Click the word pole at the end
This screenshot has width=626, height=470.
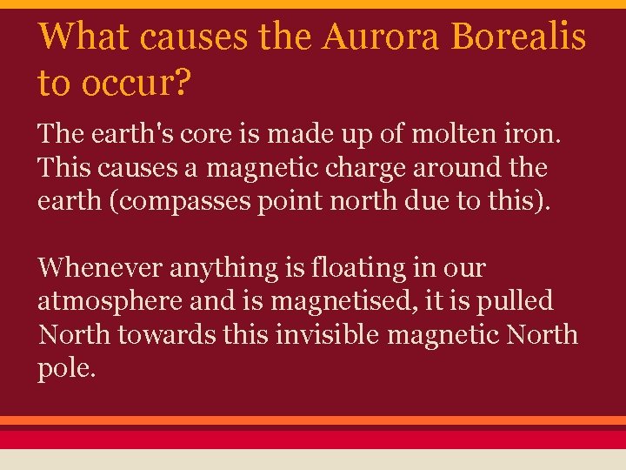[x=64, y=366]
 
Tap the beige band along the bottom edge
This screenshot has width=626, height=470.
[x=313, y=460]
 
